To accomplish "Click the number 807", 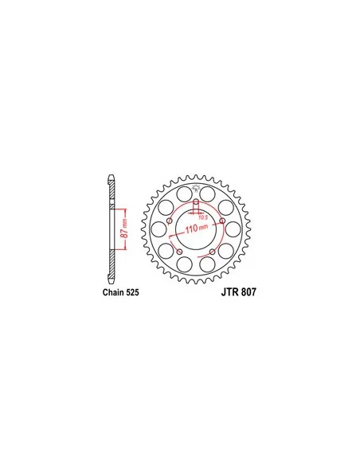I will [246, 292].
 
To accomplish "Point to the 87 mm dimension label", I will [122, 231].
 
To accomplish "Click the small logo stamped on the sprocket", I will [196, 189].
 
